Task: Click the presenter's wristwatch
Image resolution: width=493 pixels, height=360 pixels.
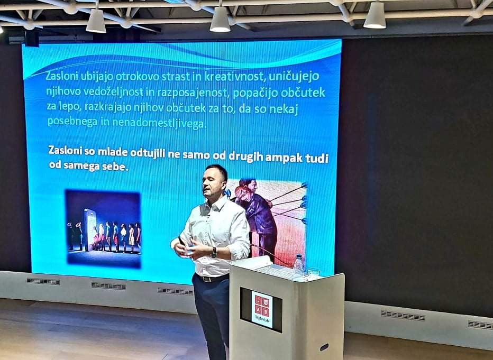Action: click(214, 252)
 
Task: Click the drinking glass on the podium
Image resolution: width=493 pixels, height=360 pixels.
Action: click(314, 272)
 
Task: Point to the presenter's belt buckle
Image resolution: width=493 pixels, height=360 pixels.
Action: click(206, 279)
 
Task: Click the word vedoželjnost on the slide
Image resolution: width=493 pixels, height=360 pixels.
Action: click(111, 92)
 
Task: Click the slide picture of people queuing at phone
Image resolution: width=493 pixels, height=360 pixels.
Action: click(103, 228)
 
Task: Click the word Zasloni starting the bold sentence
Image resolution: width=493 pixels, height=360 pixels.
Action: click(66, 150)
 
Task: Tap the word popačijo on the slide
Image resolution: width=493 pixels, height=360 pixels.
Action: click(255, 93)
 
